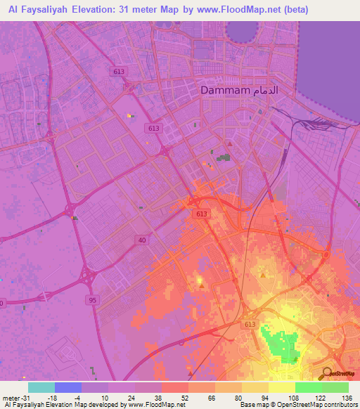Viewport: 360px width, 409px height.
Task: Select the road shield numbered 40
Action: tap(141, 240)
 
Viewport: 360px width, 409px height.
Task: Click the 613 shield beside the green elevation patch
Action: tap(250, 323)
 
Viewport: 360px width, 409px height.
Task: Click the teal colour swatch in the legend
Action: tap(41, 387)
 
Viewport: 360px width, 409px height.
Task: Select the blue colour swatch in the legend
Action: tap(68, 387)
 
